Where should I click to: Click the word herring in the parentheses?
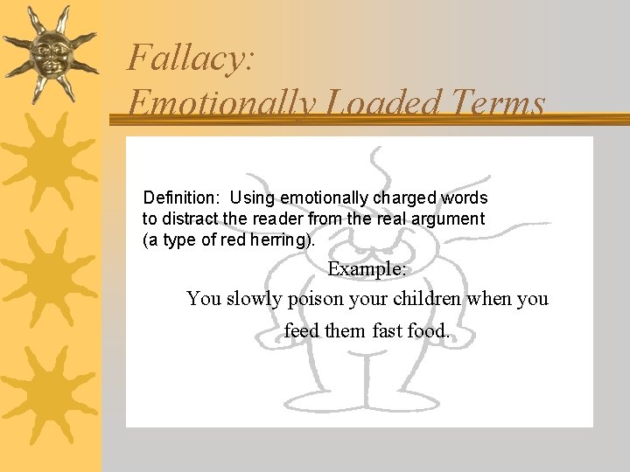click(279, 239)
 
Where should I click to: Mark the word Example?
click(367, 269)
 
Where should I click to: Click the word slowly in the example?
click(255, 299)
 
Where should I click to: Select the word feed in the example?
click(302, 331)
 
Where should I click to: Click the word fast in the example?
click(387, 331)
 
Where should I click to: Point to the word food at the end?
click(429, 331)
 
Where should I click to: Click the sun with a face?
click(50, 52)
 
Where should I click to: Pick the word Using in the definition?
click(250, 198)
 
